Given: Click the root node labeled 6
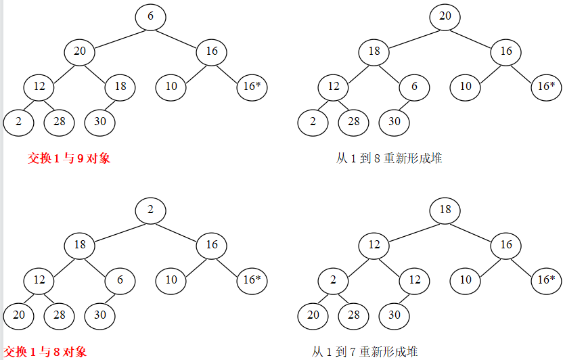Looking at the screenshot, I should pos(150,16).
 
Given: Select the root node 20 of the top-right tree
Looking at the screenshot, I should pos(445,16).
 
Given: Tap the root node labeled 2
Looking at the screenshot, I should pos(150,210).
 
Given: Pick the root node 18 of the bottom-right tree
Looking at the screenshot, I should pos(445,210).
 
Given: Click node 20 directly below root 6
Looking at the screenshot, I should pos(80,51).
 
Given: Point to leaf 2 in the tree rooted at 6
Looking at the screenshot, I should pos(18,122).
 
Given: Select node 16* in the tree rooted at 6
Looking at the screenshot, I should pos(252,87).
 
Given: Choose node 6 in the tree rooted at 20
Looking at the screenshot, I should pos(414,87).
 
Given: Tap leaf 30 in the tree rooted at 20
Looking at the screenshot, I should pos(394,122).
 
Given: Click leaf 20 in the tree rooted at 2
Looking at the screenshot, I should pos(18,315).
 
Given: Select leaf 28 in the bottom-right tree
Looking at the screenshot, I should pos(353,315).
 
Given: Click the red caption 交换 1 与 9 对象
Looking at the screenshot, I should pos(69,158).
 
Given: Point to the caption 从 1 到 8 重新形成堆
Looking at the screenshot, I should pos(389,158).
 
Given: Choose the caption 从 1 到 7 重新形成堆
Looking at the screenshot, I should pos(365,352).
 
